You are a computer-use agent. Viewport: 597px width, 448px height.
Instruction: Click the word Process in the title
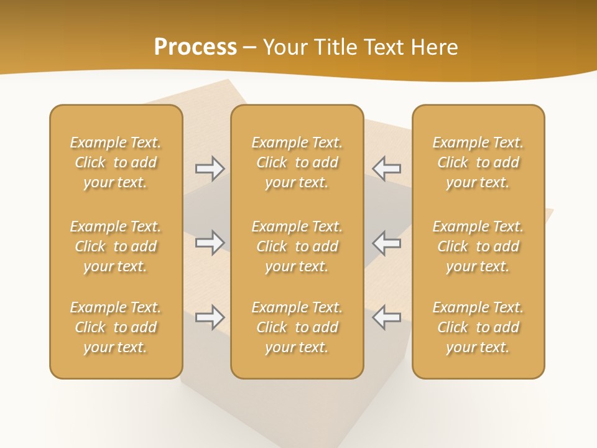[x=195, y=47]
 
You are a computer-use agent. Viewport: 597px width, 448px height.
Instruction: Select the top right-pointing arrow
[x=210, y=169]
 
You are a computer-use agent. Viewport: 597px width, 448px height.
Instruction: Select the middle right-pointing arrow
[x=210, y=243]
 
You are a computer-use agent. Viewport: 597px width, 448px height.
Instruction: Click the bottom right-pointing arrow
[x=210, y=317]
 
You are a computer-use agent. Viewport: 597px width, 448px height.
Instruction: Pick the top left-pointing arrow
[x=386, y=169]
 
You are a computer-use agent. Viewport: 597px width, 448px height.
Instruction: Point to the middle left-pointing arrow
[x=386, y=243]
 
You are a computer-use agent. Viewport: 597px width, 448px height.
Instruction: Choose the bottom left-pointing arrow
[x=386, y=317]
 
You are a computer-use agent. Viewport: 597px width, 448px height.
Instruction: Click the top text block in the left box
[x=116, y=162]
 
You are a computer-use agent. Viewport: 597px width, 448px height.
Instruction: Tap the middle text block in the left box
[x=116, y=246]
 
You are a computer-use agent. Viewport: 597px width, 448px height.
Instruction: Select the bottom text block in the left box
[x=116, y=327]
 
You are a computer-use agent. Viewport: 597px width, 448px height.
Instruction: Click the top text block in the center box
[x=297, y=162]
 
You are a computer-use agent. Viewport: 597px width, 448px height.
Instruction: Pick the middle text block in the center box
[x=297, y=246]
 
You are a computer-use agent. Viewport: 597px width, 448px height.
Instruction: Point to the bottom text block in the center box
[x=297, y=327]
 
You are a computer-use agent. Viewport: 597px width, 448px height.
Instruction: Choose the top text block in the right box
[x=478, y=162]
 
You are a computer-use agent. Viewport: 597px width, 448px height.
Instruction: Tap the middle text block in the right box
[x=478, y=246]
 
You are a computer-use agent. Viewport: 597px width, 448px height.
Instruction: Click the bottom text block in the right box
[x=478, y=327]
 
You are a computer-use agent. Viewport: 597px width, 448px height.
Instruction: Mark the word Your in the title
[x=285, y=47]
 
